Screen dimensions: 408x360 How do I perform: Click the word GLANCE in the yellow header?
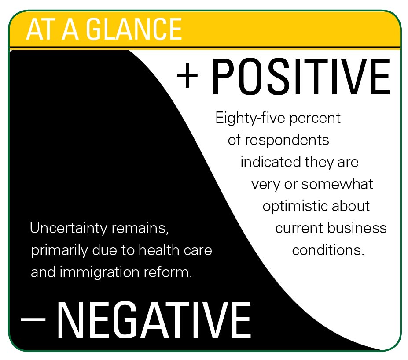point(134,29)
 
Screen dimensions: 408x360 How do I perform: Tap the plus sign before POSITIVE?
point(187,75)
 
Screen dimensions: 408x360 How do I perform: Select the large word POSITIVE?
point(301,77)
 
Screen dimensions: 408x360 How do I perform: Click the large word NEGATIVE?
point(154,319)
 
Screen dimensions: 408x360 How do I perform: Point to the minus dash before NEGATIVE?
point(33,319)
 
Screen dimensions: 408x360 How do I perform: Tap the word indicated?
point(271,162)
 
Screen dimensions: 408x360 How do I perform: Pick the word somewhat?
point(337,184)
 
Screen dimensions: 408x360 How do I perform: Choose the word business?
point(357,228)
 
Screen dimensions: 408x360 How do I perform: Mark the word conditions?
point(328,250)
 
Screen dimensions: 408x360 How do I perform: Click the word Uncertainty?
point(68,228)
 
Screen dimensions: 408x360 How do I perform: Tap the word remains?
point(140,228)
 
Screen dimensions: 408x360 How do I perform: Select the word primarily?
point(59,251)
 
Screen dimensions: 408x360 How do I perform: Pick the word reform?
point(168,272)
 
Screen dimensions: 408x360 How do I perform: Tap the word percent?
point(315,119)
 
